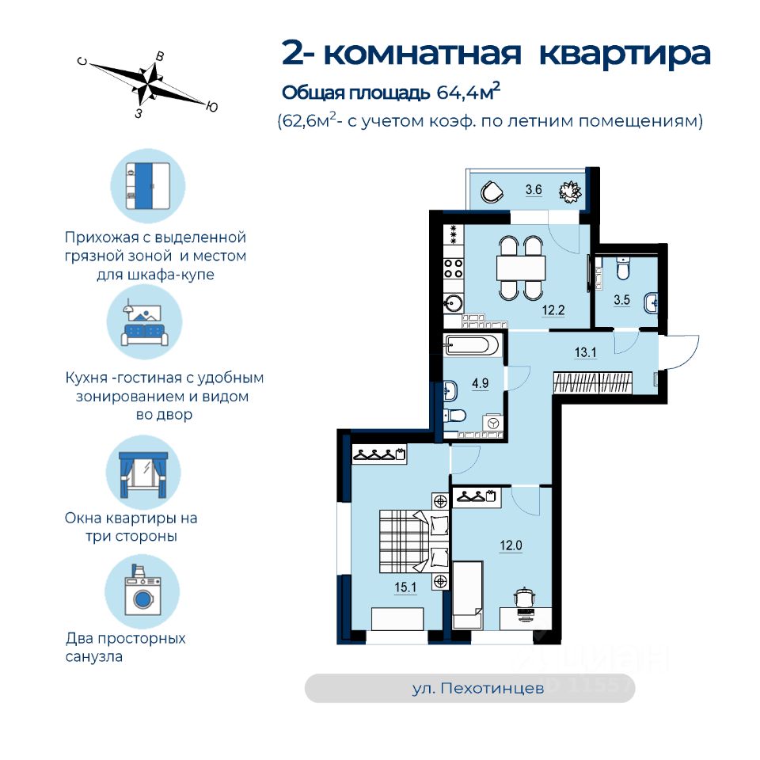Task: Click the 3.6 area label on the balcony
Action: click(534, 189)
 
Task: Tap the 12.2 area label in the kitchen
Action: click(553, 310)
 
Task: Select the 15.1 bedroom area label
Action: click(405, 587)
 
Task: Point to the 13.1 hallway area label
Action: click(585, 352)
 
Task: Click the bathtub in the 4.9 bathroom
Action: click(471, 346)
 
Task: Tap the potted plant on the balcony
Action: click(570, 192)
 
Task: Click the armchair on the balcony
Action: click(492, 192)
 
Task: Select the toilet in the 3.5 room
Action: click(623, 268)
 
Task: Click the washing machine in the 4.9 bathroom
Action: click(493, 423)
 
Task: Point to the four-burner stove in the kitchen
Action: click(454, 268)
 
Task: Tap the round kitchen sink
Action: click(454, 304)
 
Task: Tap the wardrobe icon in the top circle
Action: click(148, 185)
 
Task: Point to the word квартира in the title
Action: click(625, 55)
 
